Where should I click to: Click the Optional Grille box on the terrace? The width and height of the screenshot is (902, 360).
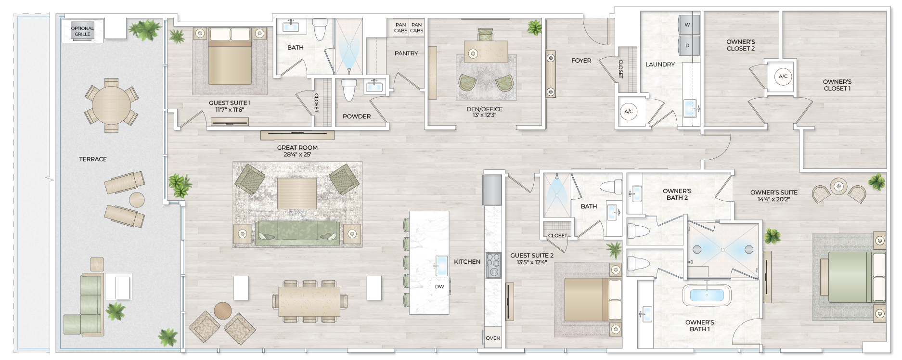pos(82,31)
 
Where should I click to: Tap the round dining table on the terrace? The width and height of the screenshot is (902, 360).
pos(111,105)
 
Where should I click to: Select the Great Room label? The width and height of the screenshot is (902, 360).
pos(297,148)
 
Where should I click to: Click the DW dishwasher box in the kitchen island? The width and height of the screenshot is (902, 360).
pos(439,286)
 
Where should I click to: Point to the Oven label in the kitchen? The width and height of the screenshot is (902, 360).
pos(493,338)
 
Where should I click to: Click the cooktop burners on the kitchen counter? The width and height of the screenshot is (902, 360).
pos(493,265)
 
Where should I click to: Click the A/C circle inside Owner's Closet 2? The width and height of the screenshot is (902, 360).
pos(783,77)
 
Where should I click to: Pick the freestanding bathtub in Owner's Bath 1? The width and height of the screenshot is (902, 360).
pos(707,295)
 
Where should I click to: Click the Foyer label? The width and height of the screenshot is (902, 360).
pos(581,61)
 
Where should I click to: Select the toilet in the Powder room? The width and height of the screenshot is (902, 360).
pos(348,90)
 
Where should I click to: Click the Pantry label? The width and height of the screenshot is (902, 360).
pos(406,53)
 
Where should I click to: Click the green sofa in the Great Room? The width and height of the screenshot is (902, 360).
pos(297,232)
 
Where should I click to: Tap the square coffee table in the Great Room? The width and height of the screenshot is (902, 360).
pos(297,193)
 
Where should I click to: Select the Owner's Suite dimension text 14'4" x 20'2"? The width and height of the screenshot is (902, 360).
pos(773,199)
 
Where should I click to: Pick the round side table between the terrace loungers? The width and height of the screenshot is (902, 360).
pos(137,199)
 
